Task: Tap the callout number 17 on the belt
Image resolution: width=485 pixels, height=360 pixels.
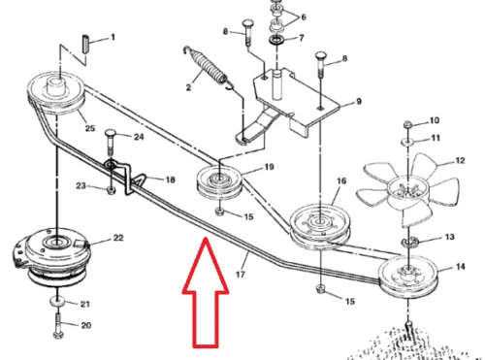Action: [x=241, y=275]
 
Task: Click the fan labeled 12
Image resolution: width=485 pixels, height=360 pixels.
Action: [x=408, y=191]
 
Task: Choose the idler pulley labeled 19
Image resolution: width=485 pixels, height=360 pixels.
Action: [x=219, y=182]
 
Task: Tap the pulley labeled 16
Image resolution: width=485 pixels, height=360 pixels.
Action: [x=320, y=226]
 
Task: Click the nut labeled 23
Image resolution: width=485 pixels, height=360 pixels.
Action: [x=111, y=191]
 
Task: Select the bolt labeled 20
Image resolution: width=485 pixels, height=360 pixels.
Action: [x=58, y=326]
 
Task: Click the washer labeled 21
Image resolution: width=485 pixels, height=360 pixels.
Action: [x=57, y=302]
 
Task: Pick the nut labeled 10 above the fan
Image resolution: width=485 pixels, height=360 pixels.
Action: [x=407, y=124]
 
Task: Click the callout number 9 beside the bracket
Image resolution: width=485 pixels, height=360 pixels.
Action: [x=358, y=102]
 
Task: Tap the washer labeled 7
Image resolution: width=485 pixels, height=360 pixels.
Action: [x=276, y=41]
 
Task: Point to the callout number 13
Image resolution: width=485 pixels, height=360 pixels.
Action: [x=449, y=237]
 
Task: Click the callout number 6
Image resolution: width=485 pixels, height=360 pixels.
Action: [x=304, y=17]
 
